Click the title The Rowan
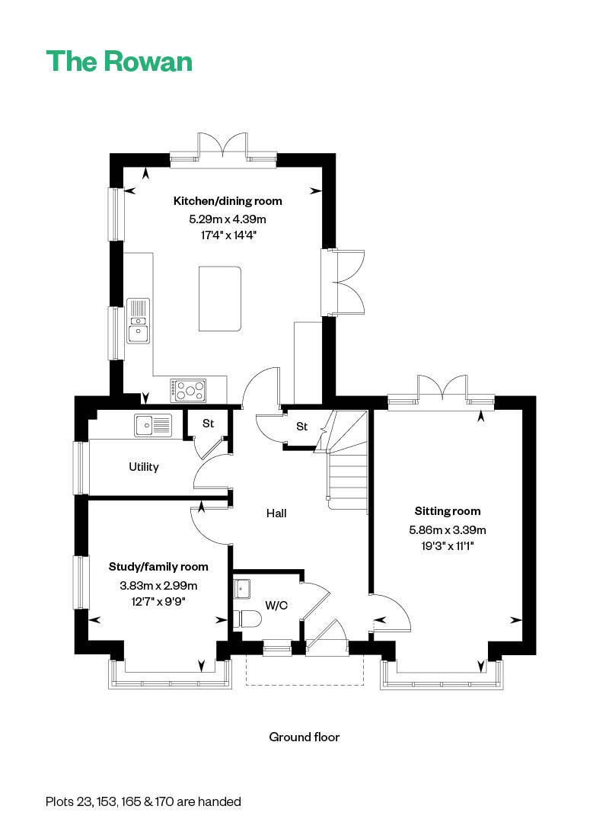point(120,61)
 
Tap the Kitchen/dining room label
point(228,201)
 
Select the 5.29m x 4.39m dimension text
point(228,219)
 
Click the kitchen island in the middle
point(220,298)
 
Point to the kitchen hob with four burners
point(189,389)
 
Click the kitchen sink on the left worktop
point(138,321)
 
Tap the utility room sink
point(154,425)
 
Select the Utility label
point(143,466)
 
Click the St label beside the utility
point(208,423)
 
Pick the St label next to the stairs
point(301,427)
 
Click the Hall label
point(276,513)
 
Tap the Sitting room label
point(448,511)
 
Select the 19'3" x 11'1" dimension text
point(448,545)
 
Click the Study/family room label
point(158,567)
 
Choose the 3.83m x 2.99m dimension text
point(158,585)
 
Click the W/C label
point(276,606)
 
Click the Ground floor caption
point(304,737)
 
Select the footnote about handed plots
point(143,801)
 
